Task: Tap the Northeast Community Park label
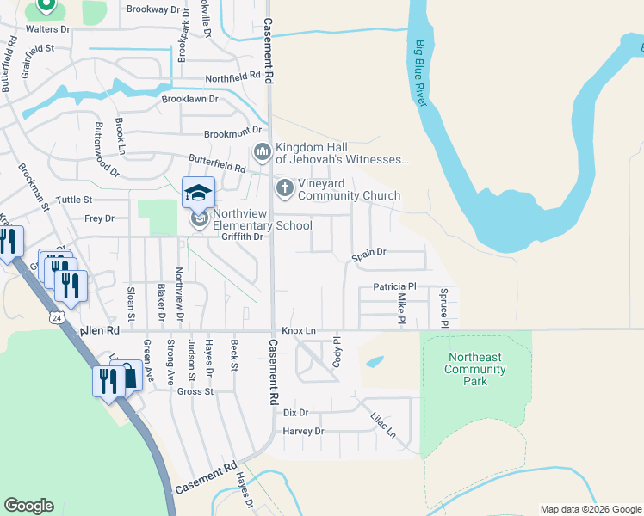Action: [476, 369]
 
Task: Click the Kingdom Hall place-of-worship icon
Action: [263, 152]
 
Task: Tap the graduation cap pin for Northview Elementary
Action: [198, 193]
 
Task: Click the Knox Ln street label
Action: [299, 330]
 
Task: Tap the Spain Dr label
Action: [368, 253]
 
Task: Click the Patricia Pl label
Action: [394, 286]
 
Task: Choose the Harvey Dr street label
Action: [302, 431]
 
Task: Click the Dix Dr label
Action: [295, 413]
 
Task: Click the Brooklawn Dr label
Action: [190, 99]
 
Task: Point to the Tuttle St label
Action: [74, 200]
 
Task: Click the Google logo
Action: [28, 506]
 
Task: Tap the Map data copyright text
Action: [590, 509]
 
